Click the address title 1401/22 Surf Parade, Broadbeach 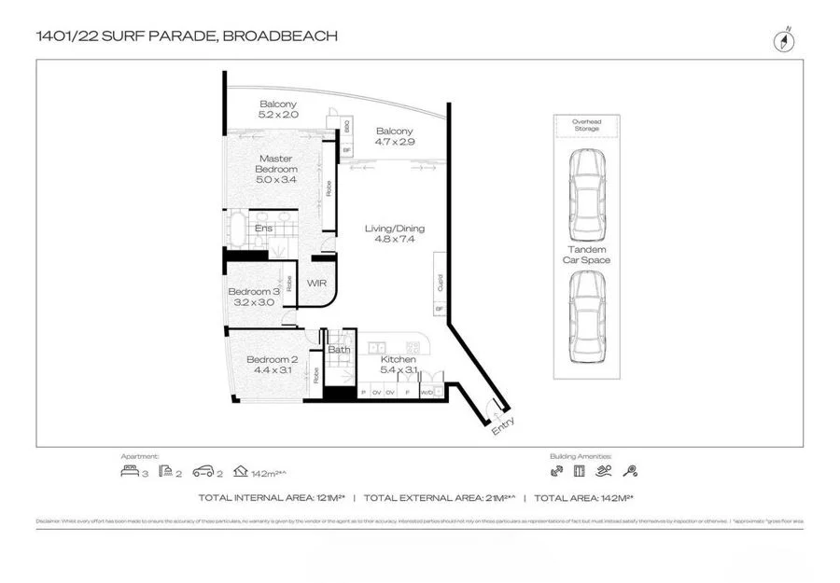[186, 36]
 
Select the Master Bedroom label [277, 169]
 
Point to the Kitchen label [398, 364]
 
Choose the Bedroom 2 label [272, 365]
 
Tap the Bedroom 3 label [254, 297]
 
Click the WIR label [316, 284]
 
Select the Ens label [264, 228]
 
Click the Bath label [338, 351]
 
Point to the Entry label [502, 425]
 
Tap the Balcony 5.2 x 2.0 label [278, 108]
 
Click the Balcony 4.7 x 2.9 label [395, 137]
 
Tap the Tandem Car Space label [588, 255]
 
